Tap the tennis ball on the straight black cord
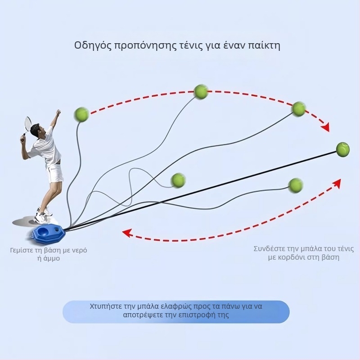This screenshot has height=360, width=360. tap(342, 149)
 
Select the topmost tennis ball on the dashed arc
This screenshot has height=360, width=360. tap(201, 92)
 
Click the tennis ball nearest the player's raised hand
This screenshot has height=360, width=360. tap(81, 114)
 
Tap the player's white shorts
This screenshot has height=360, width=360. tap(54, 173)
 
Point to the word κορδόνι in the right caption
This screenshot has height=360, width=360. tap(292, 257)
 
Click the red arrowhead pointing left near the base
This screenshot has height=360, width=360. tap(127, 233)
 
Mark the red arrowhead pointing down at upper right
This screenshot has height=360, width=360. tap(325, 127)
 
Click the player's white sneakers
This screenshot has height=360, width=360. tap(43, 215)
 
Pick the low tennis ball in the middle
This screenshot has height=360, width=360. tap(178, 180)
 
